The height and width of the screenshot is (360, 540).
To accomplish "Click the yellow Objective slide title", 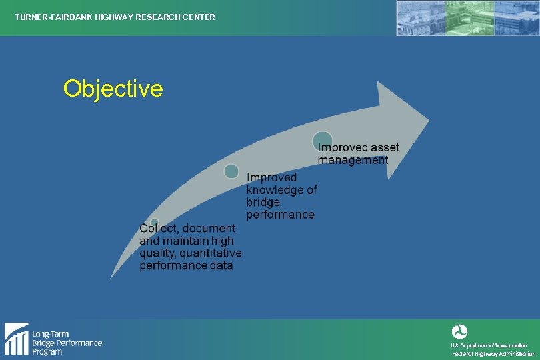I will point(113,89).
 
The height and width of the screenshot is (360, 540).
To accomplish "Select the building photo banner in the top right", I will point(467,18).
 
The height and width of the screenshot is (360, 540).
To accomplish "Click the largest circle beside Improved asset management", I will point(323,141).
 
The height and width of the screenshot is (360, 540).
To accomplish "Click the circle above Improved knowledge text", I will point(231,171).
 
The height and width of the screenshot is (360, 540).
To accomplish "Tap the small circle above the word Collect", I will point(154,223).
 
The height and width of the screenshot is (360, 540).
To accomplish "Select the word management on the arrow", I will point(353,160).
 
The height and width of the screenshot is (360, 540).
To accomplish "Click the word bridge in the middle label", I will point(263,202).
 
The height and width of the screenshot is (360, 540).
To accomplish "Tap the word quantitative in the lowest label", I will point(209,253).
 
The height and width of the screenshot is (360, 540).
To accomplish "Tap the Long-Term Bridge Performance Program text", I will point(67,343).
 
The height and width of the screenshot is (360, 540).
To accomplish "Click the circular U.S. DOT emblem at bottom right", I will point(460,332).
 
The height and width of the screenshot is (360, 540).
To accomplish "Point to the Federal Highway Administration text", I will point(489,354).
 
